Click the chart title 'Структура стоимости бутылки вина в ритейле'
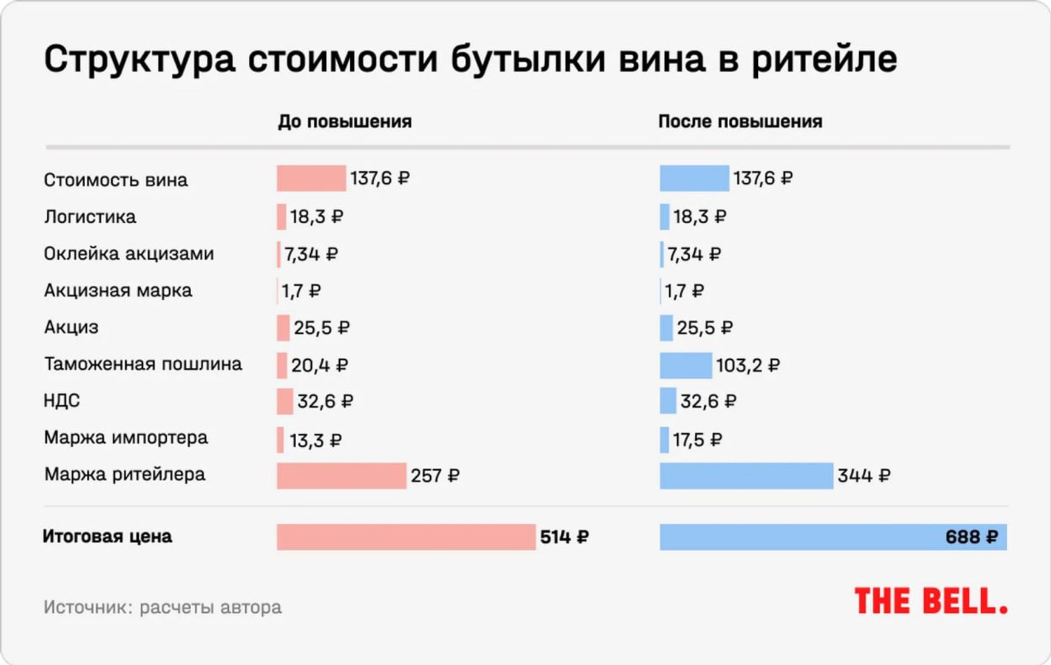coord(470,59)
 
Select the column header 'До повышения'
coord(345,121)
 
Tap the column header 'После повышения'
coord(740,121)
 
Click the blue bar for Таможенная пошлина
coord(686,365)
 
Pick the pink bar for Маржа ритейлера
coord(341,476)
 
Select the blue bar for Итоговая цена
coord(801,537)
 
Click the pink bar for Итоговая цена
coord(405,537)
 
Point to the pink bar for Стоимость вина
coord(311,178)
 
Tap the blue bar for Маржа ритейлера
coord(746,476)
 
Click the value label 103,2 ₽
coord(748,365)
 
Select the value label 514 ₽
coord(564,537)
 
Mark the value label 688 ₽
coord(972,537)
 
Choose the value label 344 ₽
coord(863,476)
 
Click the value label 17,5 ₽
coord(697,440)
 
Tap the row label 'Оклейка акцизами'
coord(129,254)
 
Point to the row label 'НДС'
coord(62,400)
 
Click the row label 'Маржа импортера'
coord(126,437)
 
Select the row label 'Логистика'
coord(90,217)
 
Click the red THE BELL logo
coord(930,601)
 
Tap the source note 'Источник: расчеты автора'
coord(163,607)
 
